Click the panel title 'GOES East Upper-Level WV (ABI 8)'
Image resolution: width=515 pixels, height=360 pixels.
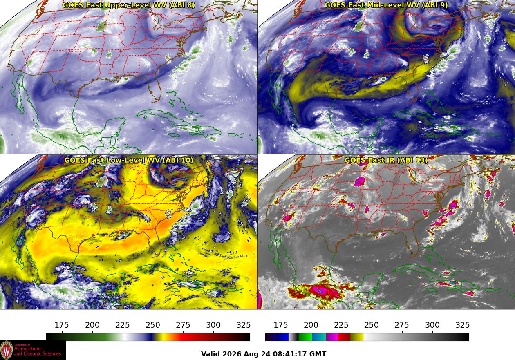128,5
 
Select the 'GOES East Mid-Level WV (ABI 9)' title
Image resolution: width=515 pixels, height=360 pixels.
386,5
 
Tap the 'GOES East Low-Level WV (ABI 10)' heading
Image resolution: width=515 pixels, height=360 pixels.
129,160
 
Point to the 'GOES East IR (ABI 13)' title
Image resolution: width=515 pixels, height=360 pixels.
386,160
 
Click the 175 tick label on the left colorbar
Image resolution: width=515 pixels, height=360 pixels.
62,325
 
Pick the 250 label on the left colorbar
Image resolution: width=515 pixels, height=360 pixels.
153,325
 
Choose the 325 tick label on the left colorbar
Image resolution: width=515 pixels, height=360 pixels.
244,325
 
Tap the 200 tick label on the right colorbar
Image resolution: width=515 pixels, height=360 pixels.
311,325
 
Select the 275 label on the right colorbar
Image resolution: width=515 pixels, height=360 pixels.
402,325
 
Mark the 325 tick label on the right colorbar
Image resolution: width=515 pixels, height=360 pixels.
463,325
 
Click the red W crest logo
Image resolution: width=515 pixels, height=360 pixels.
7,350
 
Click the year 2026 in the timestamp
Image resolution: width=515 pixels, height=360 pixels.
231,354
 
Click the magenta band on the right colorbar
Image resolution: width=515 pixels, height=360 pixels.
332,337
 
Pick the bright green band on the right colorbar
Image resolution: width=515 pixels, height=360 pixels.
305,337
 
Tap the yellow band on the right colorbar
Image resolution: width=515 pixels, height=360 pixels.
357,337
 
